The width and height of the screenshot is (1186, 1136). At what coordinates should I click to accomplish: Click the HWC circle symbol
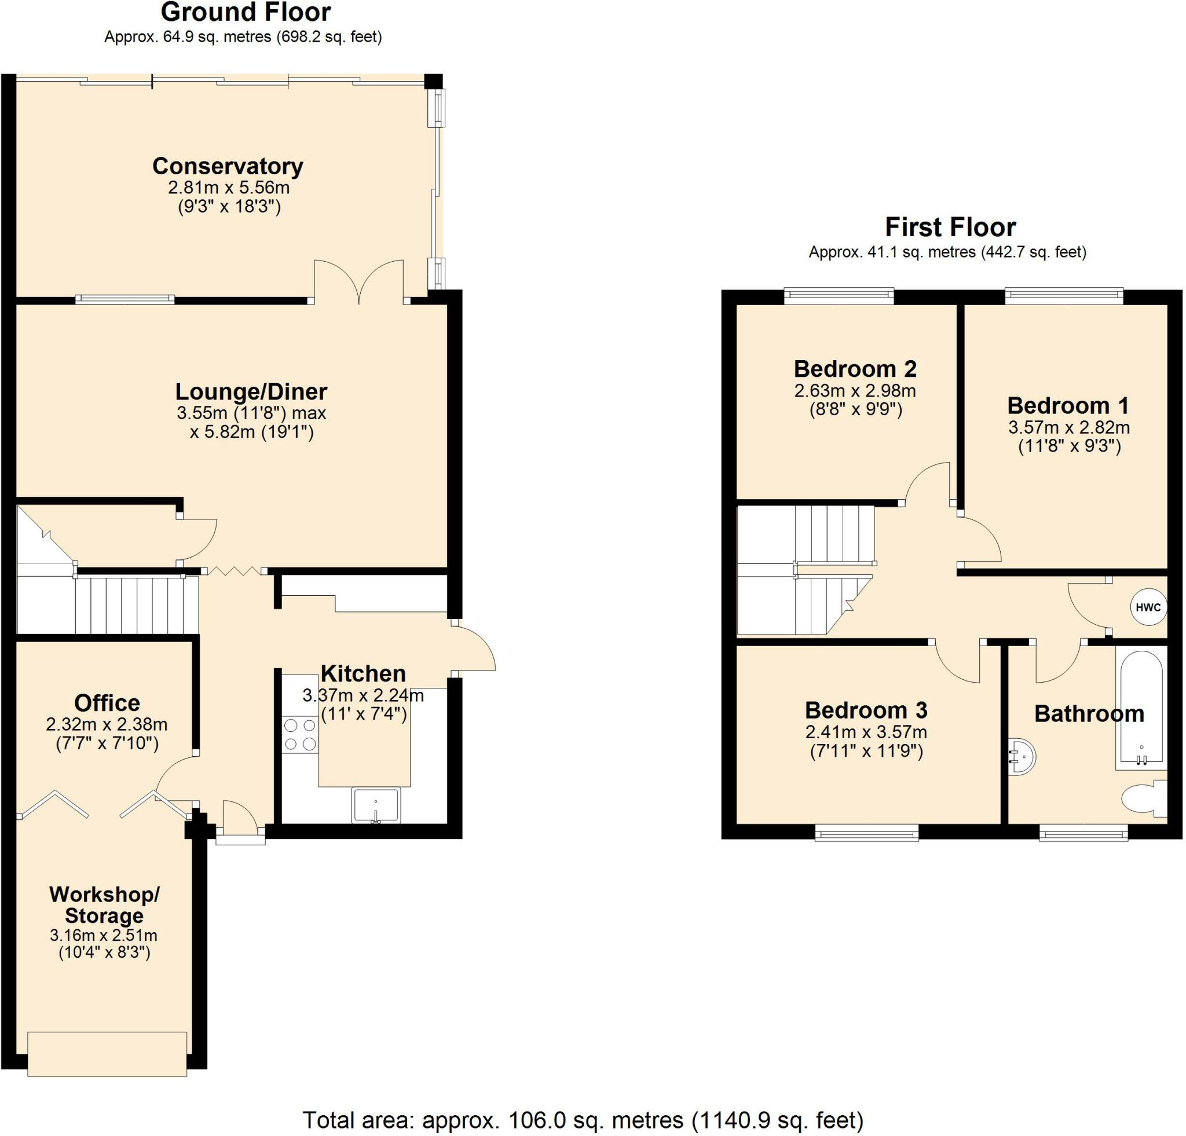pos(1147,607)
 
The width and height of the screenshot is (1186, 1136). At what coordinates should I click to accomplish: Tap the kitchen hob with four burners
pos(300,734)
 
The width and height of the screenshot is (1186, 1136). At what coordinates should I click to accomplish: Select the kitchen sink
pos(376,805)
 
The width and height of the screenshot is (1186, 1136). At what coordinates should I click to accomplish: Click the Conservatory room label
pos(228,166)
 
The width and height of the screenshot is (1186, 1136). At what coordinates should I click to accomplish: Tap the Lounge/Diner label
pos(251,391)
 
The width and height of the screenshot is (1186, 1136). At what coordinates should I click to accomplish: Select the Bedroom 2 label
pos(855,368)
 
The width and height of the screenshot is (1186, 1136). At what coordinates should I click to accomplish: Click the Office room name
pos(107,703)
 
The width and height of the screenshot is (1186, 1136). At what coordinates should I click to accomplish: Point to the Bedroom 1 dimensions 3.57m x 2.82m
pos(1068,427)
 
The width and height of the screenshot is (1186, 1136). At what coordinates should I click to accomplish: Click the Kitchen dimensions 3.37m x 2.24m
pos(363,695)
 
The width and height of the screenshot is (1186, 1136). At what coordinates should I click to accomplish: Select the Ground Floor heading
pos(246,12)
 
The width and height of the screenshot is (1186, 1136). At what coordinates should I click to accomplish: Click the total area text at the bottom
pos(583,1120)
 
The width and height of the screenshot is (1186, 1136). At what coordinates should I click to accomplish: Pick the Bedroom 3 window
pos(866,834)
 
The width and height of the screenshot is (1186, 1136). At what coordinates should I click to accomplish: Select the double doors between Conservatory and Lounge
pos(359,282)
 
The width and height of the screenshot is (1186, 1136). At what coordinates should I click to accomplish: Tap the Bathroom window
pos(1083,834)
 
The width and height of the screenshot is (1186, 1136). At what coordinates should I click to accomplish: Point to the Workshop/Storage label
pos(105,905)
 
